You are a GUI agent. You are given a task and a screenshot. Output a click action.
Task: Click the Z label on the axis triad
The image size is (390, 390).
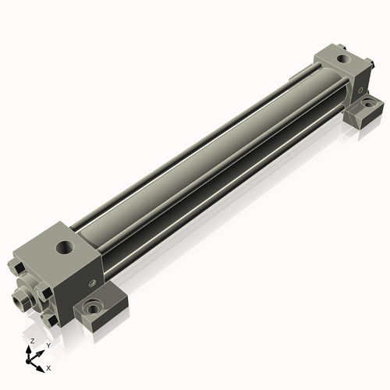(33, 341)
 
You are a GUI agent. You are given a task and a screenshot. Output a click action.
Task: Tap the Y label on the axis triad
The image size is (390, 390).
(48, 346)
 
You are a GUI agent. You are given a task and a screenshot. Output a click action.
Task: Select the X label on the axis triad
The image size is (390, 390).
(48, 368)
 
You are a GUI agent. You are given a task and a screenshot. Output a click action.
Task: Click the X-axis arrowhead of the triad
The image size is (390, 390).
(40, 369)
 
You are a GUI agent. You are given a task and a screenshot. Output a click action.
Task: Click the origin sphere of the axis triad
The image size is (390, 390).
(28, 362)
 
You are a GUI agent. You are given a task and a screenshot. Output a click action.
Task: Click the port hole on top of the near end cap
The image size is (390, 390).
(66, 246)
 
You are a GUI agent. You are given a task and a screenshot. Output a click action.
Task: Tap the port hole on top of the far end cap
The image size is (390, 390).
(344, 59)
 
